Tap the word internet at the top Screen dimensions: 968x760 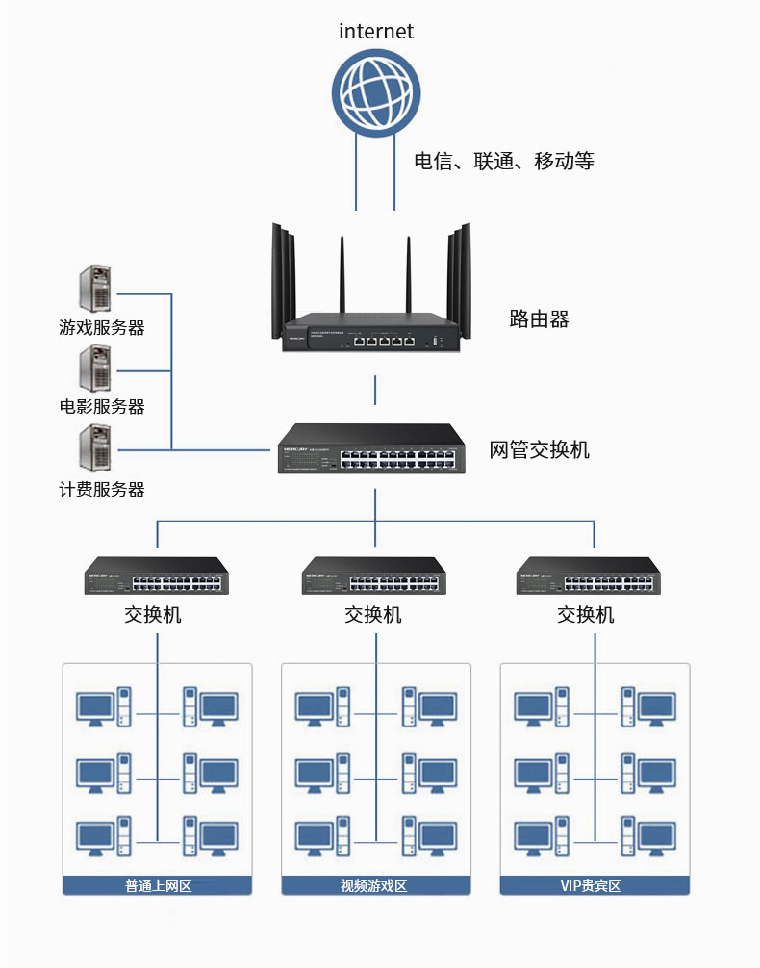coord(376,31)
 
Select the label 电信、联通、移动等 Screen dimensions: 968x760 coord(503,161)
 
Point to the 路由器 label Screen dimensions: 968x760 coord(539,319)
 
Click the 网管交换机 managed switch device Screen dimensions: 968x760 coord(371,450)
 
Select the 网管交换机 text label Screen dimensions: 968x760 coord(539,449)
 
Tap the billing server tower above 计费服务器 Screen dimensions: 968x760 coord(94,447)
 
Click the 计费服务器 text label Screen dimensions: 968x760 coord(102,490)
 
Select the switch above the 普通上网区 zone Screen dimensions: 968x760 coord(157,576)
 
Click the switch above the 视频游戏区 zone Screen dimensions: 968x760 coord(373,576)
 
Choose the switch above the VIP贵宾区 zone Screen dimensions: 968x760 coord(589,576)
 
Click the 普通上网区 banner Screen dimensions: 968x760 coord(157,885)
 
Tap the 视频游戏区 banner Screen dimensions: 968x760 coord(375,885)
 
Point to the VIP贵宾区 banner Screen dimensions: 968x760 coord(595,885)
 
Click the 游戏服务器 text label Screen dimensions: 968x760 coord(102,328)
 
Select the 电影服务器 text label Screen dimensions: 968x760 coord(102,407)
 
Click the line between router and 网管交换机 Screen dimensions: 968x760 coord(375,391)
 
